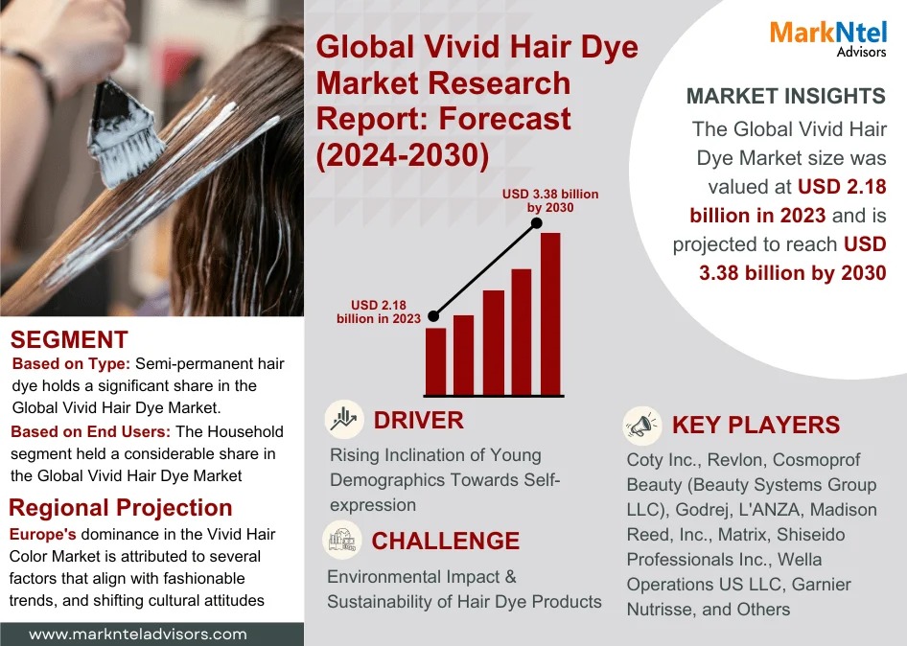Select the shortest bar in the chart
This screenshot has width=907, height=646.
coord(435,361)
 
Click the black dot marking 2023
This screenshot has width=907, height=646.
coord(433,315)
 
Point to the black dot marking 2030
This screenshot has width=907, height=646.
coord(538,224)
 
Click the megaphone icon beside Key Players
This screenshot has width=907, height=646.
coord(640,423)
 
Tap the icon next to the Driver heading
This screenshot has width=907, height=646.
coord(342,419)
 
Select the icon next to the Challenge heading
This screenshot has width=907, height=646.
coord(341,539)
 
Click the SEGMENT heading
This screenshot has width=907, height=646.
coord(69,339)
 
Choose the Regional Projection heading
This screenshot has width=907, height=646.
coord(121,508)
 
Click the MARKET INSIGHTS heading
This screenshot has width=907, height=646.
coord(786,96)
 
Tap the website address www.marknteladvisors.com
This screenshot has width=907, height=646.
coord(138,634)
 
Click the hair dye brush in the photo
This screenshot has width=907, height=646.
coord(125,134)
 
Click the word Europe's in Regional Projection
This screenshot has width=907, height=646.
coord(42,532)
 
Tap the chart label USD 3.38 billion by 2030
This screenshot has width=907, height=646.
coord(550,200)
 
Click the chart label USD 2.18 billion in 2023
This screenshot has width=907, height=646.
coord(379,311)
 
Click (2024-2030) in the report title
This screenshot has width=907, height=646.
coord(403,153)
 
